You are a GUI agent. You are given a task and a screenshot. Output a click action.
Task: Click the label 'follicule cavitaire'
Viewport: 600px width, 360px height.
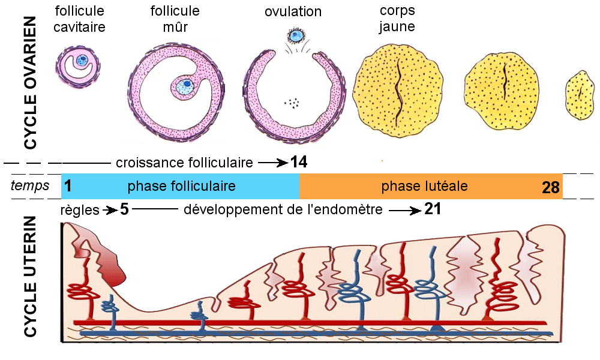point(79,19)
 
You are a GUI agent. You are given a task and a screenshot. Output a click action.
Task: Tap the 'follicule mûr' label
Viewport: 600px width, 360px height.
point(175,19)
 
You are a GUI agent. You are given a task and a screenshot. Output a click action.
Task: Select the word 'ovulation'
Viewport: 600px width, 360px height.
point(293,11)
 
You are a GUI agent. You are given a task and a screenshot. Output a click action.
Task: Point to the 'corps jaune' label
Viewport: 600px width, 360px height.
point(397,19)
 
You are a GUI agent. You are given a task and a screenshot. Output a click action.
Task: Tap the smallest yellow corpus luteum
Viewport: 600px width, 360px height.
point(580,95)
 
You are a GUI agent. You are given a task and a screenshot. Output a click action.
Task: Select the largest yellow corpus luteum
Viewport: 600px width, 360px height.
point(398,90)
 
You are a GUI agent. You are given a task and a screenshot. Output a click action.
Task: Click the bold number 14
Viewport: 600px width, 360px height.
point(298,162)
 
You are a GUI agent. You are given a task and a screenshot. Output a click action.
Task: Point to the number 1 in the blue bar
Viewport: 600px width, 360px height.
point(68,187)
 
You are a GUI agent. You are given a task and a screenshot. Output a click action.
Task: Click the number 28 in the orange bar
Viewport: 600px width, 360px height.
point(551,187)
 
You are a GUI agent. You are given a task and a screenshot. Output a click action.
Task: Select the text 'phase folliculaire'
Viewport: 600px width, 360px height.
point(181,187)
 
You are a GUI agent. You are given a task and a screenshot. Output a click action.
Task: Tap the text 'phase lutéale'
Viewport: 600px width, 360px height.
point(424,186)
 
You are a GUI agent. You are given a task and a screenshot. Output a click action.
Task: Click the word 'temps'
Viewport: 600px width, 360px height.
point(30,186)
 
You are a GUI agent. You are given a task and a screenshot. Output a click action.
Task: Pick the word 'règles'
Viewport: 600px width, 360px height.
point(80,210)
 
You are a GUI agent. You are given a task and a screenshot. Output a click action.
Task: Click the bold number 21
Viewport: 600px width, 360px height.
point(433,209)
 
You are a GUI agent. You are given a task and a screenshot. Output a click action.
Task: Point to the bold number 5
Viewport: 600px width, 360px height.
point(124,209)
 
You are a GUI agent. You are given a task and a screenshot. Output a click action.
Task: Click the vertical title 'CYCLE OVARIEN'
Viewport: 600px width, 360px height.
point(30,83)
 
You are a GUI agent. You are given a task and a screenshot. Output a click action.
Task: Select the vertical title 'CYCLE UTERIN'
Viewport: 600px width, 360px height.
point(30,276)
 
